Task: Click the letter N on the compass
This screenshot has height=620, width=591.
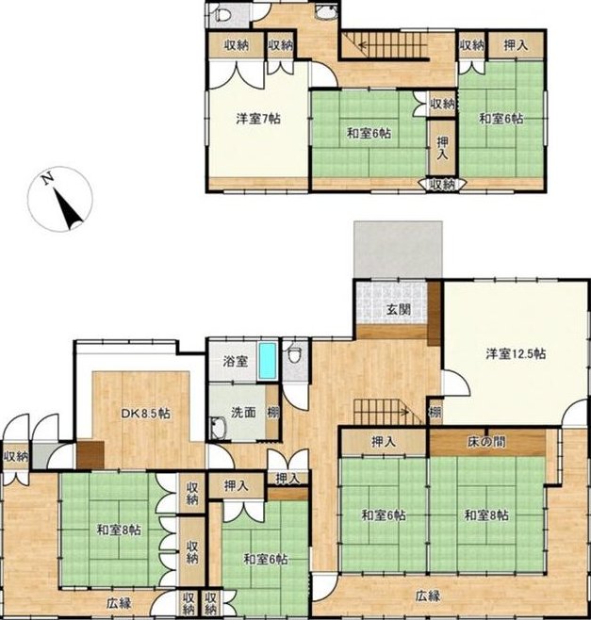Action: coord(48,179)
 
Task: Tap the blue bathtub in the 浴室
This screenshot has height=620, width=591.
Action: coord(268,360)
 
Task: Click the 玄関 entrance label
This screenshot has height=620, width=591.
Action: coord(399,310)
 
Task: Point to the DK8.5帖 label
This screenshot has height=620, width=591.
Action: coord(145,414)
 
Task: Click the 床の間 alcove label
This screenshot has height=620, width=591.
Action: coord(486,442)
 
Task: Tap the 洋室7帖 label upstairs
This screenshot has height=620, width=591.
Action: coord(258,118)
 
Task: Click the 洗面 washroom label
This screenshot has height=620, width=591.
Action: coord(243,413)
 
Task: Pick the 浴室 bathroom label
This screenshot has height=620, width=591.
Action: coord(236,361)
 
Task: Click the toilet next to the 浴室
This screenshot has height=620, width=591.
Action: coord(294,353)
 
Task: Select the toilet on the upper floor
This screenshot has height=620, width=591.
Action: coord(222,16)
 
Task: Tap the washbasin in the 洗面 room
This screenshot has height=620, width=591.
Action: coord(218,429)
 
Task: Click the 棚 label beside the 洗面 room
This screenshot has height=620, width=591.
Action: coord(272,413)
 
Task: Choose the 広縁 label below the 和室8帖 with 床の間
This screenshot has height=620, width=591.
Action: coord(428,596)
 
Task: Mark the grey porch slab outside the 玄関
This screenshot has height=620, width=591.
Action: coord(398,250)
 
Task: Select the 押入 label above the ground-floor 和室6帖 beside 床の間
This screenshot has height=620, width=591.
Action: coord(384,442)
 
